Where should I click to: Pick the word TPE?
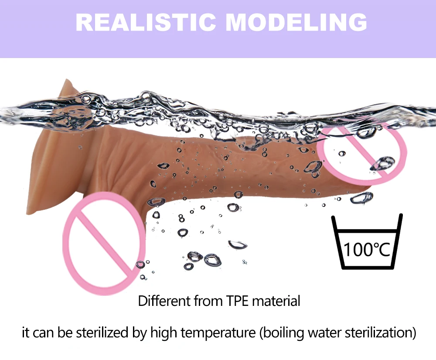(x=238, y=301)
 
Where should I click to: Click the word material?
(x=277, y=301)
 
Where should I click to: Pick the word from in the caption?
(x=211, y=301)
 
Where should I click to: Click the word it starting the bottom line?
(x=26, y=333)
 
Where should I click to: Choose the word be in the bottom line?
(x=65, y=333)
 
